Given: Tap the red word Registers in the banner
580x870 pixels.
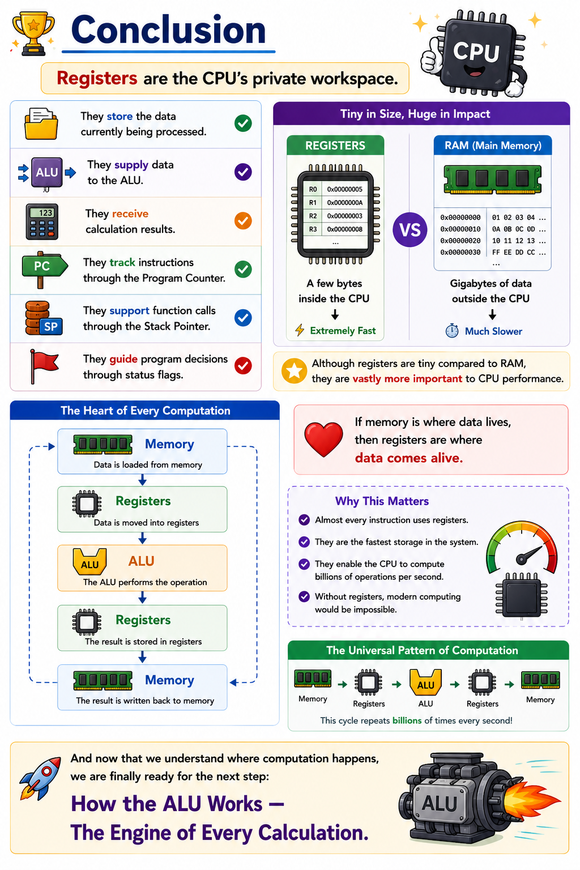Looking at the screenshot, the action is [x=97, y=78].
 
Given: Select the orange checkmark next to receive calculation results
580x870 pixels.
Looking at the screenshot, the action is [x=243, y=220].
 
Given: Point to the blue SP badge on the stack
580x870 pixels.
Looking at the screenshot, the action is [x=51, y=327].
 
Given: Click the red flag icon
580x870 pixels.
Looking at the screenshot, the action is [x=44, y=366].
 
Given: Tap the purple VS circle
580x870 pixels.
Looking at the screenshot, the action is [x=410, y=229].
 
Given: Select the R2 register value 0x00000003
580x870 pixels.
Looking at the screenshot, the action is [x=344, y=216].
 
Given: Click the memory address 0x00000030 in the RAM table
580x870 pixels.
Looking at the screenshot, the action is [x=460, y=252].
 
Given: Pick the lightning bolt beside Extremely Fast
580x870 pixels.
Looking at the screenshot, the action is [x=300, y=330].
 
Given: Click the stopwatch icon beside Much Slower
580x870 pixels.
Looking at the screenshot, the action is [x=452, y=331].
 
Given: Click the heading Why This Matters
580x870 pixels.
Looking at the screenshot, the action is [x=382, y=501].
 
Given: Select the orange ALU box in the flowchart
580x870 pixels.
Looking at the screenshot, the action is [x=142, y=568].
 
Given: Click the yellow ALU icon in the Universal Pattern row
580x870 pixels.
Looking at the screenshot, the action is [x=425, y=683].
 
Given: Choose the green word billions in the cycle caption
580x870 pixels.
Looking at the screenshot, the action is [x=407, y=720].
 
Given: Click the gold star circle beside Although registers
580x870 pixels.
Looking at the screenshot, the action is [x=294, y=371].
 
